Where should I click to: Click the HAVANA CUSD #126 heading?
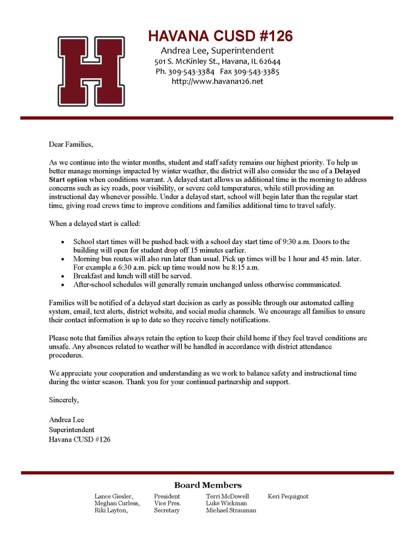[x=220, y=37]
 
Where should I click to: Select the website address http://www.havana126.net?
[x=217, y=81]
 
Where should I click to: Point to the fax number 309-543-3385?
[x=256, y=72]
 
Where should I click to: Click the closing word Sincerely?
[x=64, y=400]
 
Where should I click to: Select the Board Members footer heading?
[x=208, y=485]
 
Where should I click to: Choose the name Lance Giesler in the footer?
[x=113, y=496]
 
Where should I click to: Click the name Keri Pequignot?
[x=288, y=496]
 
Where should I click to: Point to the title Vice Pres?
[x=167, y=503]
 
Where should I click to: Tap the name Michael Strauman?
[x=231, y=510]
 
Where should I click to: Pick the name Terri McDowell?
[x=227, y=496]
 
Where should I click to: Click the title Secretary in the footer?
[x=167, y=510]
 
